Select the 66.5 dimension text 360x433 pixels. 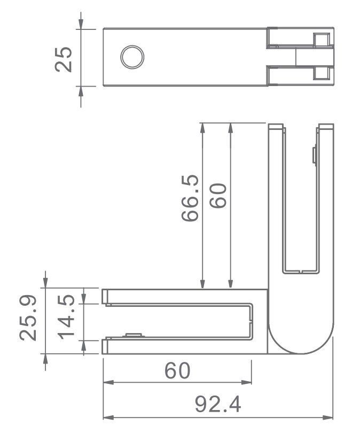pyautogui.click(x=190, y=198)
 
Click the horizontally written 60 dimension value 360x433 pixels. pyautogui.click(x=177, y=370)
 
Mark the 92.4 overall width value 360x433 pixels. pyautogui.click(x=217, y=405)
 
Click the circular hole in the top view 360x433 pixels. pyautogui.click(x=132, y=57)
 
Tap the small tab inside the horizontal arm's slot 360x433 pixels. pyautogui.click(x=131, y=335)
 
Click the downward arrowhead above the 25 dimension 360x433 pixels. pyautogui.click(x=81, y=24)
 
